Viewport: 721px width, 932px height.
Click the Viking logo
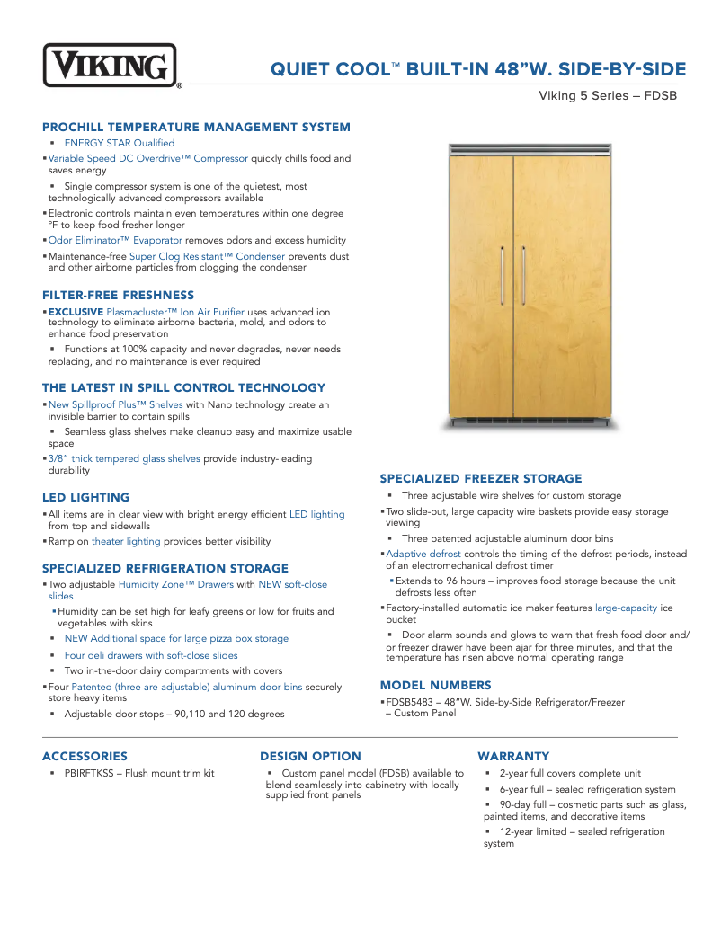110,66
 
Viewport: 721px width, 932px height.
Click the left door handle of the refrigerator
502,280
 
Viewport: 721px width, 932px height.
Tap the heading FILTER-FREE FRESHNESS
118,295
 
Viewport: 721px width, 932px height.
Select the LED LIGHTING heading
85,497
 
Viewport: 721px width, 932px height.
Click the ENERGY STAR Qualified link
120,143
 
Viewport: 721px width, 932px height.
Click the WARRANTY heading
513,756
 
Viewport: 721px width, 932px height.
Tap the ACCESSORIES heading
85,756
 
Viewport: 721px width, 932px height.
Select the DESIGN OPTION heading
310,756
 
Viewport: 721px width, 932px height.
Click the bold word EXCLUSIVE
76,312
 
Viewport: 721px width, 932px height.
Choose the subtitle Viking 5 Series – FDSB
607,95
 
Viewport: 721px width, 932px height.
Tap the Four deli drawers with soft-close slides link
151,655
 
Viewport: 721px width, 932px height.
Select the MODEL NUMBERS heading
435,685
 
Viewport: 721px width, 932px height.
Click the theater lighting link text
126,541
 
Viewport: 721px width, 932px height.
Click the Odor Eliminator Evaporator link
115,240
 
